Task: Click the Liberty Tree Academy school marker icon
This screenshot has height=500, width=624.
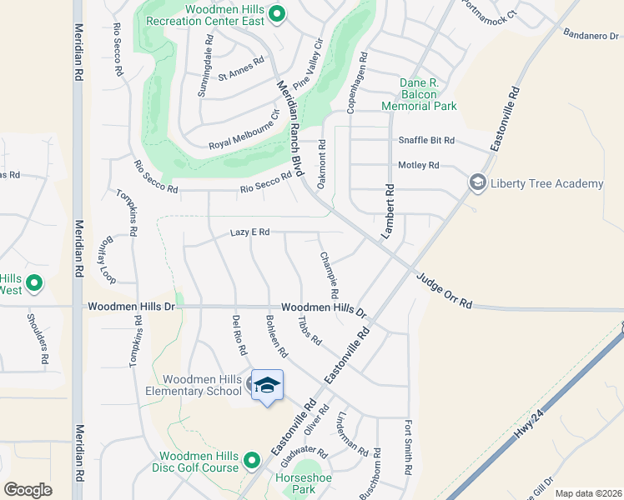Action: tap(478, 182)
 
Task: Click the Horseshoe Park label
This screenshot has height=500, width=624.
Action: tap(298, 484)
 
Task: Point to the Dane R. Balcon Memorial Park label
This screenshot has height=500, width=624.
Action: tap(419, 94)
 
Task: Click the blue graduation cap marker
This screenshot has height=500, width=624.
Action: tap(268, 386)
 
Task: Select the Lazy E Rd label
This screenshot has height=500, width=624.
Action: tap(250, 232)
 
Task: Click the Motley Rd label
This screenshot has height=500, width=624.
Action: tap(419, 166)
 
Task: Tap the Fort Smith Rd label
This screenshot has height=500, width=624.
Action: tap(410, 447)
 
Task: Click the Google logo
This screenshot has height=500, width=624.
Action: tap(28, 489)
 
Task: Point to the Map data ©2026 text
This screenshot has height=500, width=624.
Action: tap(588, 493)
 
